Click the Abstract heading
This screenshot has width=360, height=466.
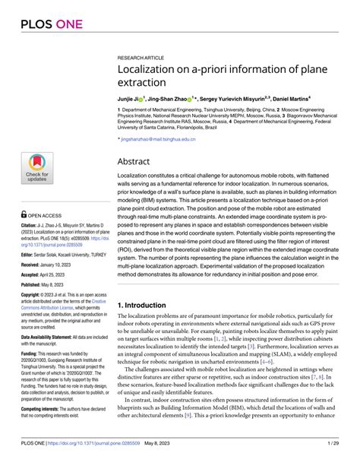point(137,161)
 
